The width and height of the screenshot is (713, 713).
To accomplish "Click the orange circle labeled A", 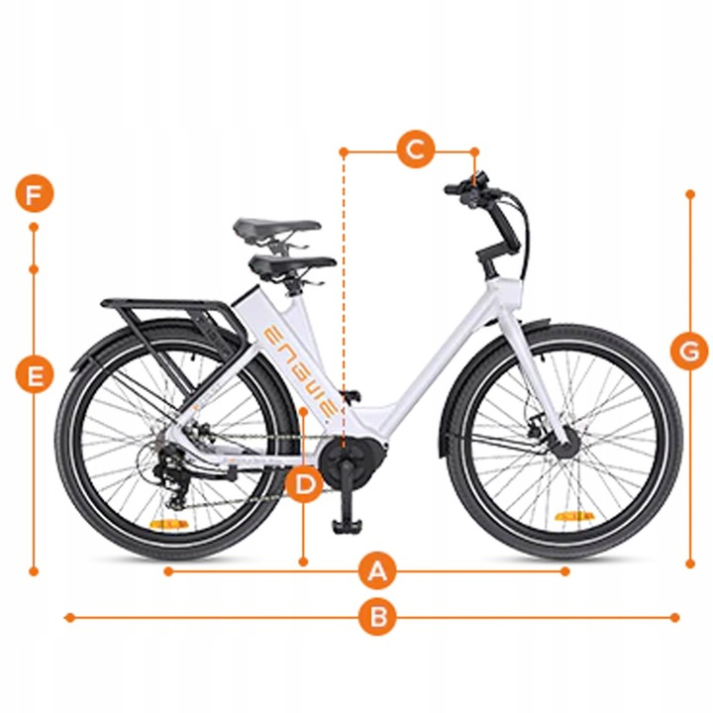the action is (377, 571).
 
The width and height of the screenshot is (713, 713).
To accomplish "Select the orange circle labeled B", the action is (377, 617).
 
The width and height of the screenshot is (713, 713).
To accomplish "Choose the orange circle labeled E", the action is (35, 375).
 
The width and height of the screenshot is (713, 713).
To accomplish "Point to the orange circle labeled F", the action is (35, 194).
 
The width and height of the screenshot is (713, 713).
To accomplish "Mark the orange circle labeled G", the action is (690, 351).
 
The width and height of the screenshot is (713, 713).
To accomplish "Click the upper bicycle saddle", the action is (277, 226).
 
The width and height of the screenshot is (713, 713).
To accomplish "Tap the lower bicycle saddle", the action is (293, 262).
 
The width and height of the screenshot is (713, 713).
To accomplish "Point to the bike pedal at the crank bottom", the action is (348, 527).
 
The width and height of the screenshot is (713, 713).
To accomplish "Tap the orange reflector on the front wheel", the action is (574, 517).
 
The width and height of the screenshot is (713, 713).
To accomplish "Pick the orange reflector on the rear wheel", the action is (169, 524).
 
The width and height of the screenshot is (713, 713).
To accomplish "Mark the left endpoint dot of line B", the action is (69, 617).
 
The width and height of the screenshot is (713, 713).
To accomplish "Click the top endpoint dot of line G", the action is (690, 194).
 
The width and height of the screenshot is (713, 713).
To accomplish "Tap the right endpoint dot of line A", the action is (565, 571).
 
